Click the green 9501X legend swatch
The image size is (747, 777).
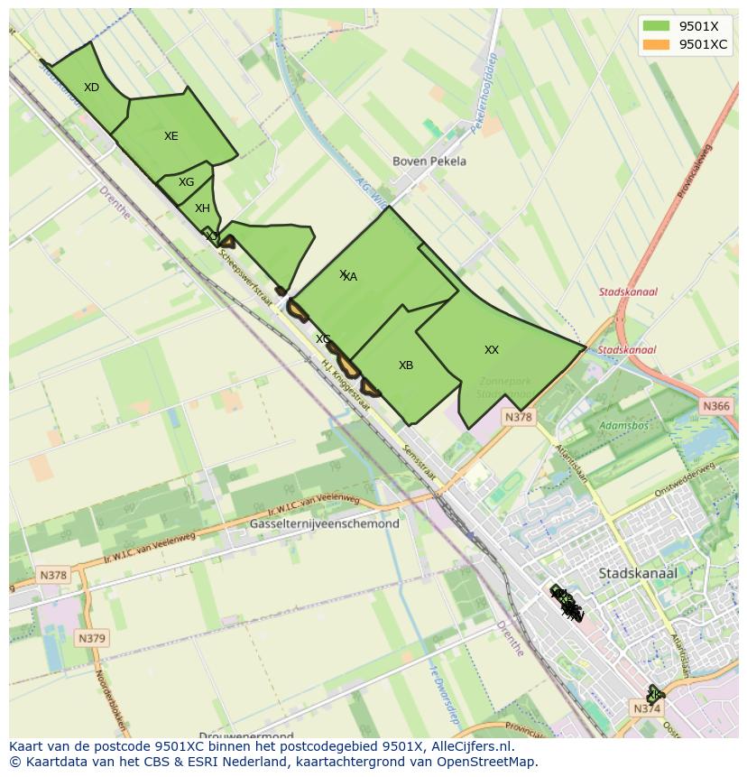(656, 27)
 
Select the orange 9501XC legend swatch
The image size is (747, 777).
(656, 44)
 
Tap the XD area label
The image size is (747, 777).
(91, 88)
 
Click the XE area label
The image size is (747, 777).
(171, 136)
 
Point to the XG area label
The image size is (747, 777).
(186, 182)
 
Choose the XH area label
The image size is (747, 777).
(202, 208)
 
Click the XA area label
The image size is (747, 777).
(350, 277)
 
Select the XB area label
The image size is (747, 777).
(406, 365)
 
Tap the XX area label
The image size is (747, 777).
(491, 350)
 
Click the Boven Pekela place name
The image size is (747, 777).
(429, 162)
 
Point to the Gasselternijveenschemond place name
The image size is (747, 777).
(324, 523)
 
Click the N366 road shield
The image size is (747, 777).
(715, 407)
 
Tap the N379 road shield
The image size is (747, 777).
(91, 638)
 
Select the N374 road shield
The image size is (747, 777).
(647, 708)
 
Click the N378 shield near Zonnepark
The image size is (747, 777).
(519, 417)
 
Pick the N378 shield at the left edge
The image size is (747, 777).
(53, 575)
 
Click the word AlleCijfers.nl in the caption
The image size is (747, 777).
(467, 747)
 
